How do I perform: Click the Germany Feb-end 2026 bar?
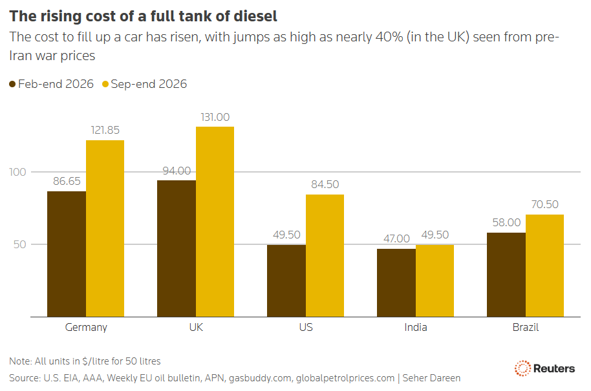[x=67, y=254]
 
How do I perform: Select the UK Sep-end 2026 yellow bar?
[x=215, y=222]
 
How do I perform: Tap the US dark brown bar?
[x=286, y=281]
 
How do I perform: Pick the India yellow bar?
[x=435, y=281]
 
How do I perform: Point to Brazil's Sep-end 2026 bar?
[x=544, y=266]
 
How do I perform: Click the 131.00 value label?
[x=215, y=117]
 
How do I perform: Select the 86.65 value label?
[x=67, y=181]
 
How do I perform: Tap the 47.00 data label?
[x=396, y=238]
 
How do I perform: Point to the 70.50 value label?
[x=544, y=204]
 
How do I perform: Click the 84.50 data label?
[x=325, y=184]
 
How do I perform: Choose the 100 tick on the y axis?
[x=17, y=172]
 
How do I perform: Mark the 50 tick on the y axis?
[x=20, y=244]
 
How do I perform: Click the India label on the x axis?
[x=416, y=327]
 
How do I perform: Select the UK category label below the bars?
[x=196, y=327]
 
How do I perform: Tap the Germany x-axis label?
[x=86, y=327]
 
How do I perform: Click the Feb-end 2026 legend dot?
[x=12, y=84]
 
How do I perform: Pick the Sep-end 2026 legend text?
[x=149, y=84]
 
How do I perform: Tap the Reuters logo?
[x=544, y=368]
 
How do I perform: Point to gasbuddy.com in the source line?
[x=260, y=378]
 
